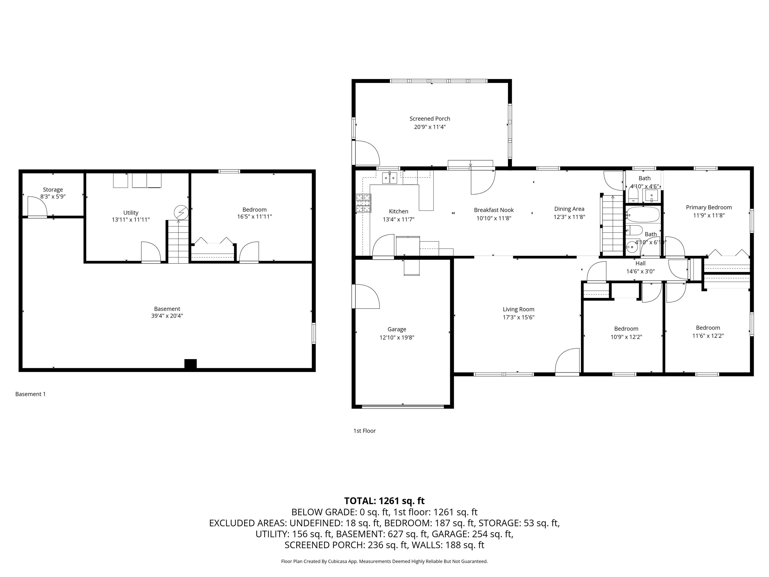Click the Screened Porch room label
coord(430,119)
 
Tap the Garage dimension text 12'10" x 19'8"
coord(397,337)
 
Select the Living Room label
coord(518,309)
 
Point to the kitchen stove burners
coord(363,203)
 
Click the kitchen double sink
coord(390,178)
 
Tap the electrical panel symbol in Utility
coord(181,212)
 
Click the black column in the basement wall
coord(190,364)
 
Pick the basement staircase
coord(178,241)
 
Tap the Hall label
coord(640,264)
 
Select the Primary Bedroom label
coord(708,207)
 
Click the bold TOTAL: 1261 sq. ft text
coord(384,501)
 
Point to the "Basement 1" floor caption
coord(31,394)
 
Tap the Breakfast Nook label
coord(494,210)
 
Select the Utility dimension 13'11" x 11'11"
coord(131,219)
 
